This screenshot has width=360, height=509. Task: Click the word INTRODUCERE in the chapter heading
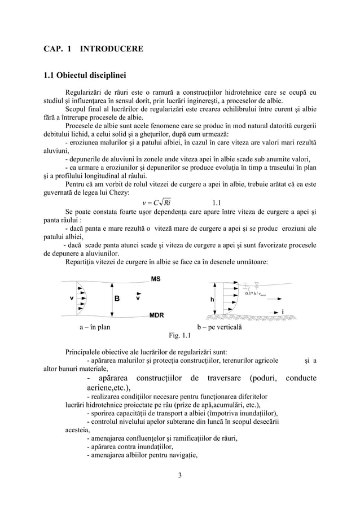(111, 49)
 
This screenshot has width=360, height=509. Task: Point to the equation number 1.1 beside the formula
(217, 203)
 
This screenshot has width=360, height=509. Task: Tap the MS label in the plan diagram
(156, 279)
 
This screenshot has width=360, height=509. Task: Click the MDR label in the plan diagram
(157, 314)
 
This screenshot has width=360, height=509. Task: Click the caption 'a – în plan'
(95, 327)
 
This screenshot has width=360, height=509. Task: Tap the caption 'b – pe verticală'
(220, 327)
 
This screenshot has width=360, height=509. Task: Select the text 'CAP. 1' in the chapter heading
(57, 49)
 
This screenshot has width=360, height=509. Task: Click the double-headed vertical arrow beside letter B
(103, 297)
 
